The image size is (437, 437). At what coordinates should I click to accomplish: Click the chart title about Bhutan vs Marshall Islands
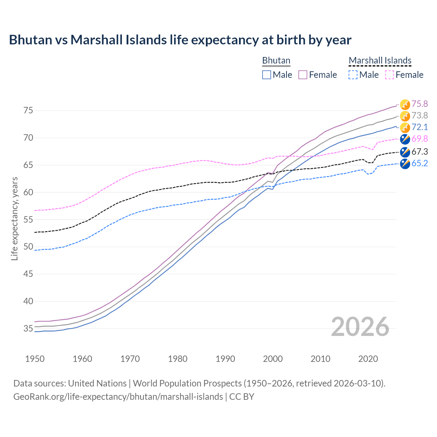point(180,40)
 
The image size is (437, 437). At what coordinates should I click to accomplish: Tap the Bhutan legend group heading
point(276,60)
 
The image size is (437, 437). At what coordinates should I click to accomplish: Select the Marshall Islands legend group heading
point(380,60)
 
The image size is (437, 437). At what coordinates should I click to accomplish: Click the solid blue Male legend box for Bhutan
point(267,75)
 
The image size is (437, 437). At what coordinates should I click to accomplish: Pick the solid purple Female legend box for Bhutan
point(303,75)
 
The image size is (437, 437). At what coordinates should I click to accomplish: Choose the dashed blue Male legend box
point(353,75)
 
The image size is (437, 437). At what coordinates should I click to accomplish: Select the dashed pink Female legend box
point(389,75)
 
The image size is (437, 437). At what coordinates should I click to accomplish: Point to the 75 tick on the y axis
point(28,111)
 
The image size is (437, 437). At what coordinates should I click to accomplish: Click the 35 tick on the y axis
point(28,329)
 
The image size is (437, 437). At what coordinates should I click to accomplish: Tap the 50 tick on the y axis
point(28,247)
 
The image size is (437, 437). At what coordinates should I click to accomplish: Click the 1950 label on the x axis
point(35,359)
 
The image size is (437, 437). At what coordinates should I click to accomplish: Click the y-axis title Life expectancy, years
point(14,218)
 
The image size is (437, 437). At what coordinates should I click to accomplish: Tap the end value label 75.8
point(420,104)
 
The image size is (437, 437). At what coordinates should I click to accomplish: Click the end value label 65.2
point(420,163)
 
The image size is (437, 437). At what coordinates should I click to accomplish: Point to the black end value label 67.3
point(420,152)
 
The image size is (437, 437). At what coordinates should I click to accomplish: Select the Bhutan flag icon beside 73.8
point(405,116)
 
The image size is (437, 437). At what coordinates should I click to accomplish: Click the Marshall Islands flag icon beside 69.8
point(405,139)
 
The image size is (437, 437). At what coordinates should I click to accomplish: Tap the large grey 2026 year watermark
point(360,327)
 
